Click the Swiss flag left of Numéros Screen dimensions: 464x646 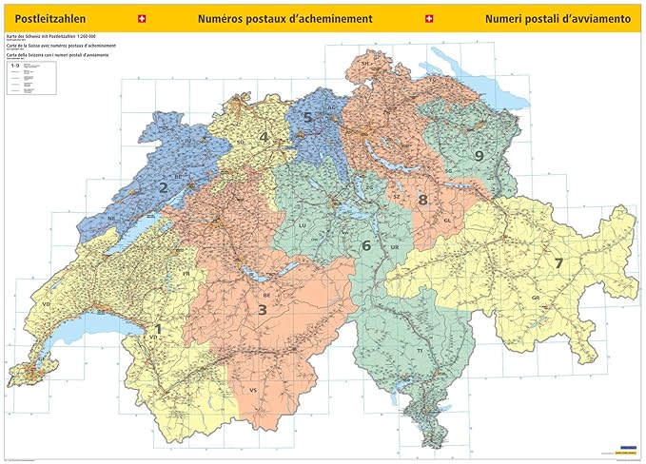click(x=143, y=18)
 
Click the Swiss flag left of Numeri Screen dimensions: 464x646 click(x=427, y=18)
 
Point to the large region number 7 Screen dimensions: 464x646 click(x=559, y=262)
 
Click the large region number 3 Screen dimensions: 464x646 click(x=262, y=309)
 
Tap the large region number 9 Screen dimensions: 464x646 click(x=479, y=155)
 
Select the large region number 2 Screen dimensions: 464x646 click(x=163, y=188)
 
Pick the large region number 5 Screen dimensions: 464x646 click(x=307, y=118)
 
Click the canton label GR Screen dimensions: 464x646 click(x=536, y=298)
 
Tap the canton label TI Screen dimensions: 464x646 click(x=419, y=351)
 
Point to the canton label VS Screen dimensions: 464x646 click(x=253, y=391)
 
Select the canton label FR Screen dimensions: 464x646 click(x=187, y=274)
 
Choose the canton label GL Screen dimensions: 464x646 click(x=446, y=220)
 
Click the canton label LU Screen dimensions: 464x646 click(x=303, y=225)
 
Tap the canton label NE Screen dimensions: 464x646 click(x=111, y=218)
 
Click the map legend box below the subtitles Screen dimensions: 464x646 click(x=29, y=81)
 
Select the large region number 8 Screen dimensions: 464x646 click(x=422, y=200)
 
